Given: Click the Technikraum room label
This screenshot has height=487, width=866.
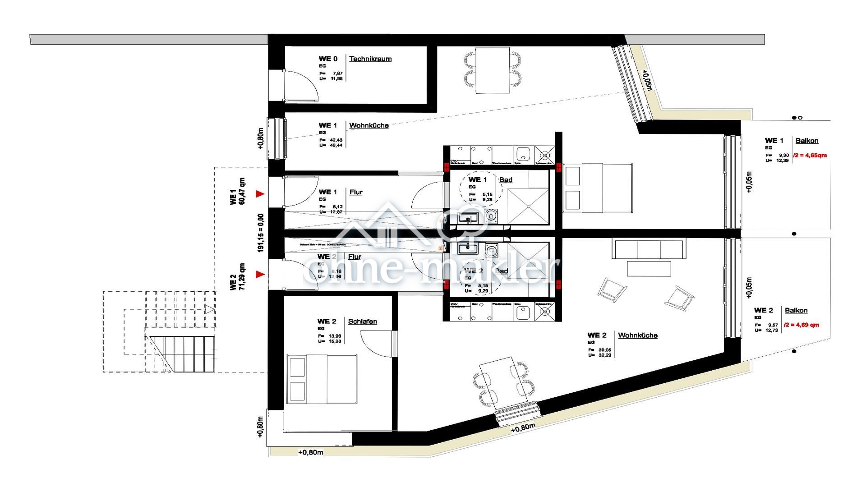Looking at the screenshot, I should tap(370, 59).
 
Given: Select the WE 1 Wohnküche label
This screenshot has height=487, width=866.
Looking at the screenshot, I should tap(369, 125).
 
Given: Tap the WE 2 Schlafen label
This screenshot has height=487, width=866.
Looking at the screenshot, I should tap(362, 322).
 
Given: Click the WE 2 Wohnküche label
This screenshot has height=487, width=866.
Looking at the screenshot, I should tap(637, 335).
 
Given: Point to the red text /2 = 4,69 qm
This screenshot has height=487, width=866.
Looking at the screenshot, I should tap(802, 325).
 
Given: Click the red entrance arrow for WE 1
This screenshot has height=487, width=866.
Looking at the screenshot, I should tap(260, 194).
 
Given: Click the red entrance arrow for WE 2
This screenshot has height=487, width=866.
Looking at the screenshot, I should tap(260, 274).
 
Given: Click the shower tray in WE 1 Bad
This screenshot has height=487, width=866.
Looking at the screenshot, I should tap(528, 207).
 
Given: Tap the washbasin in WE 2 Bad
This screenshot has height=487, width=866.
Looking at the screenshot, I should tap(467, 248).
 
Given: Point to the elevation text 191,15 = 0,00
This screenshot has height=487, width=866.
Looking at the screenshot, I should tap(261, 233).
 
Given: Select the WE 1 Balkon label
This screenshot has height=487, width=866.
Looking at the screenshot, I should tap(806, 141).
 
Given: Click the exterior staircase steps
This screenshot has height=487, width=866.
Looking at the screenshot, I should tap(180, 354).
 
